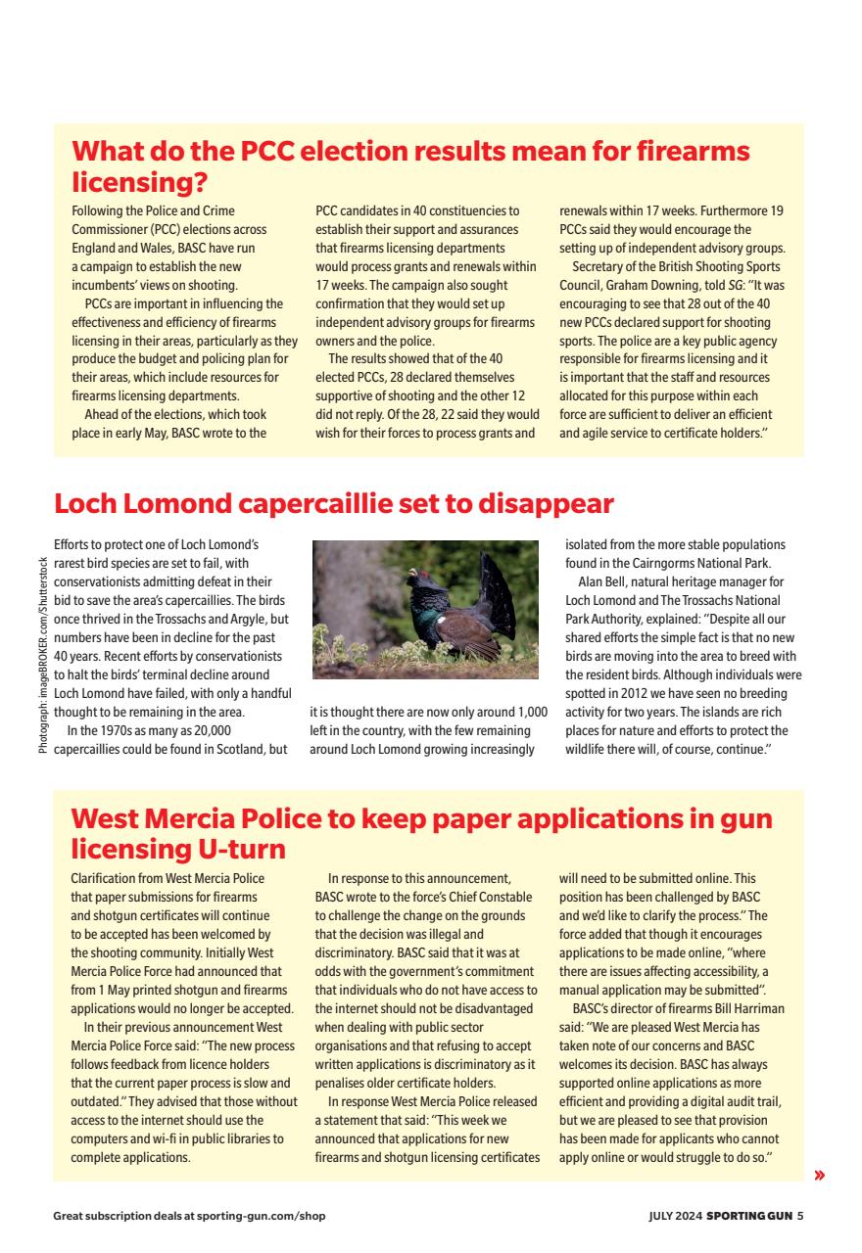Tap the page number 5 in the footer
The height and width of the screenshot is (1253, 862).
pyautogui.click(x=799, y=1216)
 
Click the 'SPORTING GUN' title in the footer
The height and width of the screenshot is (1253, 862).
pyautogui.click(x=750, y=1216)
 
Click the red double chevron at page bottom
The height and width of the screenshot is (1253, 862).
pyautogui.click(x=819, y=1175)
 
